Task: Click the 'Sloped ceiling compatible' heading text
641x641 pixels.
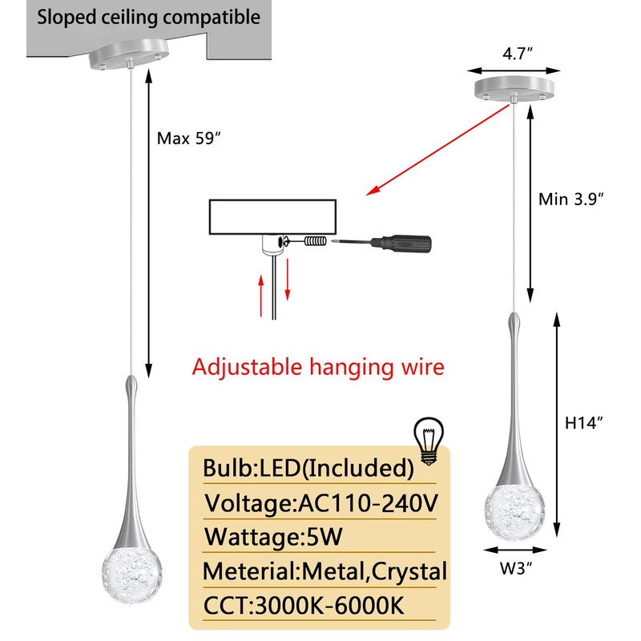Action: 148,17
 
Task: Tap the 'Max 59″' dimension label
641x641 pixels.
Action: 188,139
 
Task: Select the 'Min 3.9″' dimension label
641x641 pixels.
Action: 570,199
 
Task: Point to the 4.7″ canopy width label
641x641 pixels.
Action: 518,53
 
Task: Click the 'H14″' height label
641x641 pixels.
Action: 584,423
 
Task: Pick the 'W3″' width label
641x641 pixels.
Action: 516,568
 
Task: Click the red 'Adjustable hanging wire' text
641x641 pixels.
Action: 318,367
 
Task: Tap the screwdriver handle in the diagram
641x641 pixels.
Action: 401,244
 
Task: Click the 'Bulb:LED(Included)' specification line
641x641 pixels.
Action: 308,468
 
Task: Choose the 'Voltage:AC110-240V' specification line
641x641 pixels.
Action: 321,503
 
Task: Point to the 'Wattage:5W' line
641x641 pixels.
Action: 273,537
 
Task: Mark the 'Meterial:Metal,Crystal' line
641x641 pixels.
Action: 325,571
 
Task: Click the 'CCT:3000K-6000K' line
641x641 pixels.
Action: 304,606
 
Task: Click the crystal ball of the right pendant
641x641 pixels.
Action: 514,511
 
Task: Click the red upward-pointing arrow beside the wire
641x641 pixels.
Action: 261,295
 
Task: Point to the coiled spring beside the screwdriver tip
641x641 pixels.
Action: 316,241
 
